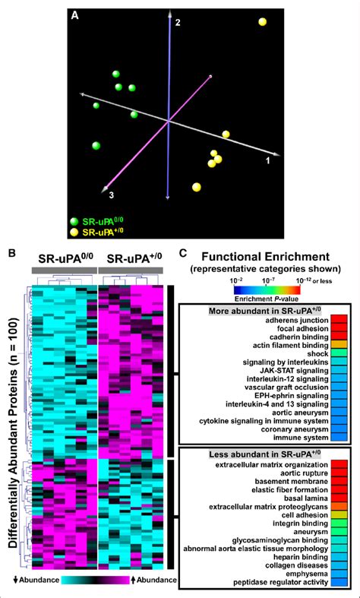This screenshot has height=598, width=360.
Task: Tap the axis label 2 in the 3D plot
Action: point(177,24)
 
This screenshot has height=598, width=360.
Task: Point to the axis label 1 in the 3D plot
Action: point(267,162)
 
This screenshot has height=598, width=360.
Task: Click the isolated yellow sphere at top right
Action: point(263,22)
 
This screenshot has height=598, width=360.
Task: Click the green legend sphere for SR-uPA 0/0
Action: point(74,220)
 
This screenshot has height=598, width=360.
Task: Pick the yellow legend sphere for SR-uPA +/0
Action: point(74,233)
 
